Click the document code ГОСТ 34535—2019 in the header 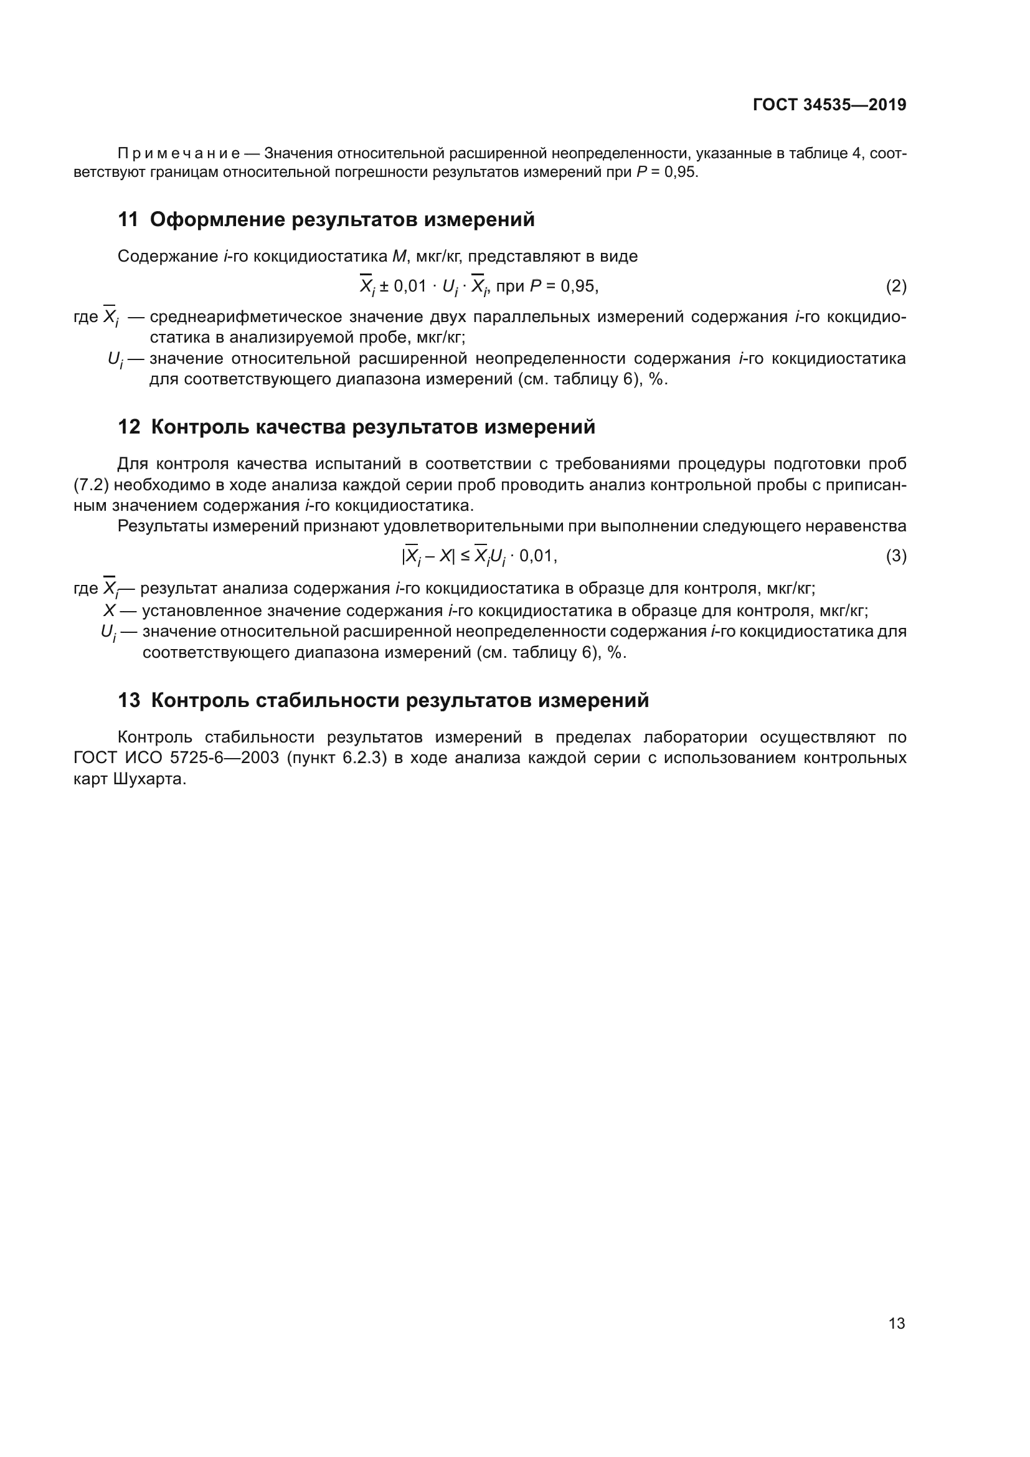tap(829, 105)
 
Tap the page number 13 tap(896, 1323)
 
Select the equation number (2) tap(895, 287)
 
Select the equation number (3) tap(895, 556)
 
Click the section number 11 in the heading tap(128, 220)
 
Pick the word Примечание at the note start tap(178, 154)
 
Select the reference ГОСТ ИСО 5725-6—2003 tap(176, 758)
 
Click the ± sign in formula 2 tap(384, 287)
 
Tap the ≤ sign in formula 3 tap(465, 556)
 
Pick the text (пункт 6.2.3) tap(336, 758)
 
